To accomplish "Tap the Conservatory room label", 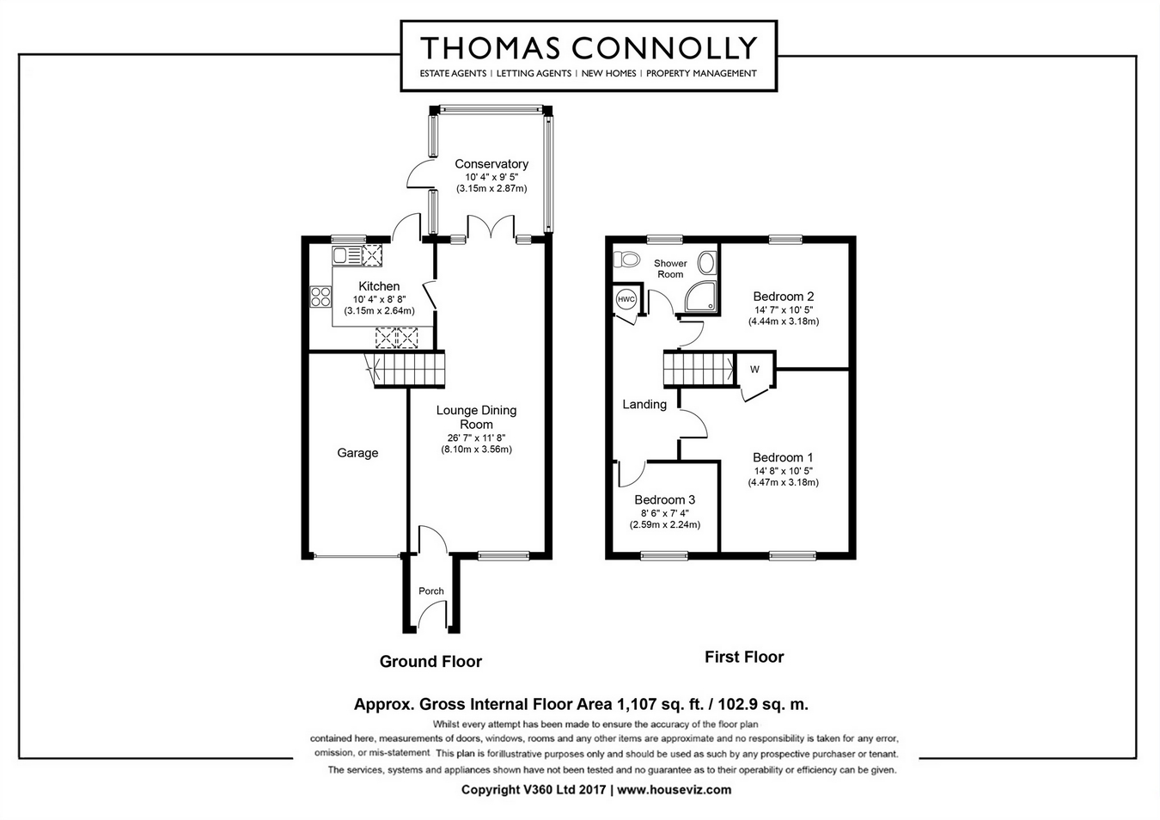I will [491, 164].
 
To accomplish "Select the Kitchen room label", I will [379, 286].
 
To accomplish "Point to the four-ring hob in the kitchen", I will [321, 297].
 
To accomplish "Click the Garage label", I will [357, 453].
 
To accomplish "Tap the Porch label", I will [431, 591].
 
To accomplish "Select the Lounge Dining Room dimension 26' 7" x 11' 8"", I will [476, 437].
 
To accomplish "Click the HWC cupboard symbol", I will [626, 299].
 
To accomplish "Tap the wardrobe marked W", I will [754, 370].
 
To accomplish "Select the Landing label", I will [644, 404].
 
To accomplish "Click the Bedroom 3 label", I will [664, 499].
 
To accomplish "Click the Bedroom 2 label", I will [783, 297].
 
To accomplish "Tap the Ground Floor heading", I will [430, 662].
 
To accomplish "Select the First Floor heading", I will [744, 658].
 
